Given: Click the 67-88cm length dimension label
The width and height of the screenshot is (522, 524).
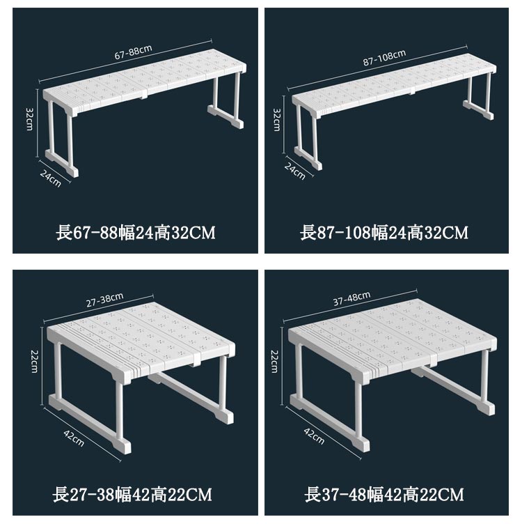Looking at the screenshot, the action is pyautogui.click(x=133, y=52).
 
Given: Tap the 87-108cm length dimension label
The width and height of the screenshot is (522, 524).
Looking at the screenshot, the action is pyautogui.click(x=384, y=58).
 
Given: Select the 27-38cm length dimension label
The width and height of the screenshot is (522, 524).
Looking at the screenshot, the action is pyautogui.click(x=105, y=300).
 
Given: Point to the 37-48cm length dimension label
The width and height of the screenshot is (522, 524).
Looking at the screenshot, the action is pyautogui.click(x=351, y=298).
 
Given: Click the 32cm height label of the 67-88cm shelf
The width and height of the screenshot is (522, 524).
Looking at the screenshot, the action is pyautogui.click(x=30, y=119).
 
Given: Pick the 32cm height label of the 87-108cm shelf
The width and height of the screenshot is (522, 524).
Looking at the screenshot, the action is pyautogui.click(x=277, y=120).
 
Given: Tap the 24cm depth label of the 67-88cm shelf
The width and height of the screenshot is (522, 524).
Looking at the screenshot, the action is pyautogui.click(x=51, y=178).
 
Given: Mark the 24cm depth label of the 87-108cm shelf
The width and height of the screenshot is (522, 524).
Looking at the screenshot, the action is pyautogui.click(x=295, y=171).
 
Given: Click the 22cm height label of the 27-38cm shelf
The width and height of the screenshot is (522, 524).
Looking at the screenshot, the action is pyautogui.click(x=34, y=361).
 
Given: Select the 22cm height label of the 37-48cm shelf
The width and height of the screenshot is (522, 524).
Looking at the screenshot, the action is pyautogui.click(x=274, y=361).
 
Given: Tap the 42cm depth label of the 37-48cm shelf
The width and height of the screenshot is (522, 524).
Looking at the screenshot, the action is pyautogui.click(x=314, y=436).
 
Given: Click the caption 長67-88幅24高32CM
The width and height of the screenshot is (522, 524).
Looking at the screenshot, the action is pyautogui.click(x=136, y=233).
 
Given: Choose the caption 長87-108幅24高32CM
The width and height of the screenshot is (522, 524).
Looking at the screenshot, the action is pyautogui.click(x=384, y=233).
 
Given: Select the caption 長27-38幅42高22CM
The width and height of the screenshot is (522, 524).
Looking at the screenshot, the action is pyautogui.click(x=132, y=495).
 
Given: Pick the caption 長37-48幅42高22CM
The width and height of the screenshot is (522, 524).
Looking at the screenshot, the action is pyautogui.click(x=384, y=495).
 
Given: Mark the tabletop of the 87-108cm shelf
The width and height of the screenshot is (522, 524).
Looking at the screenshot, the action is pyautogui.click(x=394, y=86).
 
